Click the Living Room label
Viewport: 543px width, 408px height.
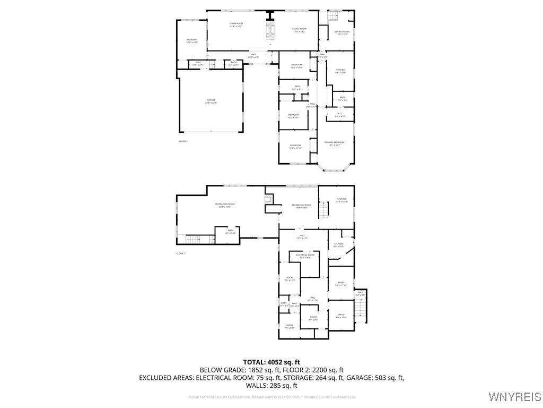pos(236,25)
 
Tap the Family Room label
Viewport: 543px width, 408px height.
pos(300,30)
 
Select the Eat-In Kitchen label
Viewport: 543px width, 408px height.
pos(342,33)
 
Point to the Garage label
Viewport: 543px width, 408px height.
pos(211,101)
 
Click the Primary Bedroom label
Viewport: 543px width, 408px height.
pos(335,143)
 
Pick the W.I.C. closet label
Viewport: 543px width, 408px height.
pos(340,114)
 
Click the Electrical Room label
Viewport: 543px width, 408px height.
pos(305,256)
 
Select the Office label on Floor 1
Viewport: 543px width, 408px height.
pos(341,316)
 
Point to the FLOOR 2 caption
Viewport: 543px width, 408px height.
pos(183,141)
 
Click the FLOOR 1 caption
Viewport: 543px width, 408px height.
pos(181,253)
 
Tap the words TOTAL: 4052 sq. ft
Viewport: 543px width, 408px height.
pos(271,362)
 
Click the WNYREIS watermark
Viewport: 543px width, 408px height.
pos(514,397)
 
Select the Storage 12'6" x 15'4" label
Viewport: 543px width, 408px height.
pos(341,200)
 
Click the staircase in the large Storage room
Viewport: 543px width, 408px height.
pos(324,211)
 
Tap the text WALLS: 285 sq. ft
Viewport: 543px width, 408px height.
pos(271,386)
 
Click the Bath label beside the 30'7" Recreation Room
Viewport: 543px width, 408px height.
pos(231,232)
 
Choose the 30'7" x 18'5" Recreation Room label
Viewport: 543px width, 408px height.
pos(225,206)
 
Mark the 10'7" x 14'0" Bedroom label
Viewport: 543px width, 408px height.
pos(192,41)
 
